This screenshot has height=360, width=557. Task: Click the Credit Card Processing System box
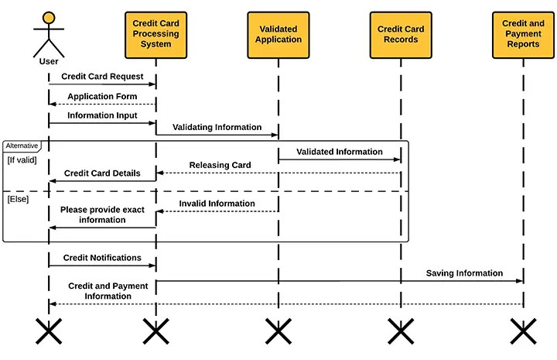tap(155, 34)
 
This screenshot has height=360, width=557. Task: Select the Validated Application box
tap(278, 34)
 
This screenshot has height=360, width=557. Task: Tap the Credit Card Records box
tap(400, 34)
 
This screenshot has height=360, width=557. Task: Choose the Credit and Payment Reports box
tap(522, 34)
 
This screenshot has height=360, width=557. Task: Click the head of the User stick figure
tap(49, 17)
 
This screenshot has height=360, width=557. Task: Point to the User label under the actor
tap(49, 61)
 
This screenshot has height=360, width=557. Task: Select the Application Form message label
tap(102, 97)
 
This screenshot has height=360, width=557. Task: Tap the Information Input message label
tap(102, 115)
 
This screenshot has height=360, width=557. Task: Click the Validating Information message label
tap(217, 127)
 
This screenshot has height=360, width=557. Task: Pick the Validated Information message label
tap(339, 152)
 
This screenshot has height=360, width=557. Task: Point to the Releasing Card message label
tap(220, 165)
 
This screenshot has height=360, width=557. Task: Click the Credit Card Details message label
tap(102, 173)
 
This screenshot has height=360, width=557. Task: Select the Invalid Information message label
tap(217, 204)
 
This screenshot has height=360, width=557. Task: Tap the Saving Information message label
tap(464, 273)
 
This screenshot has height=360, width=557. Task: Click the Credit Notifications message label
tap(102, 258)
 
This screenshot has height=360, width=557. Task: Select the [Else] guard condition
tap(18, 200)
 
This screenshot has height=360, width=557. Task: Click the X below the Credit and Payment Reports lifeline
tap(522, 332)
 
